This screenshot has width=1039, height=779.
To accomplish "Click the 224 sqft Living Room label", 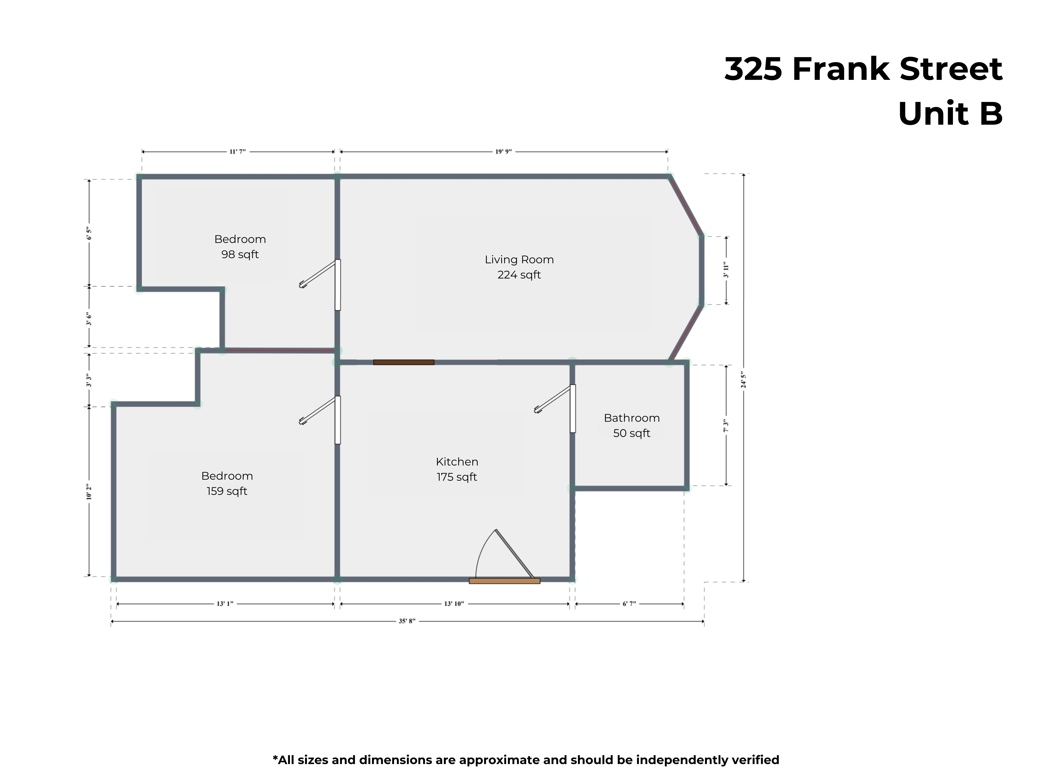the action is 519,267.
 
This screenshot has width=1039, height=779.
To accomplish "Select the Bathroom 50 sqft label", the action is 632,425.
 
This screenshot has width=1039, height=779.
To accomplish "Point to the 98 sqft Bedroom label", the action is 240,247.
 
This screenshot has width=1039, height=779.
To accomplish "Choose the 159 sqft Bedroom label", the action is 227,483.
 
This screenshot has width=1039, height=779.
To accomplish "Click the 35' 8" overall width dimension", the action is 407,621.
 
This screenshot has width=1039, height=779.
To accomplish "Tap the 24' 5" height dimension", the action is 743,379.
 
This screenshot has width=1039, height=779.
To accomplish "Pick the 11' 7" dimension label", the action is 238,152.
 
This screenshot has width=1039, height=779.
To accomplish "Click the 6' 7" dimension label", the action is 630,604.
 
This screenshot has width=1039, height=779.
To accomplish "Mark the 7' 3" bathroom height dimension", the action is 726,426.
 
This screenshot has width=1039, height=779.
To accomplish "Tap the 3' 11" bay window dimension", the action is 726,270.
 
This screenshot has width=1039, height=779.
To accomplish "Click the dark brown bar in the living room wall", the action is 404,362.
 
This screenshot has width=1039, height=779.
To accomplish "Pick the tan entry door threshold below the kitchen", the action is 505,581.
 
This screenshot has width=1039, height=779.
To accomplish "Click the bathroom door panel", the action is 573,409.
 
